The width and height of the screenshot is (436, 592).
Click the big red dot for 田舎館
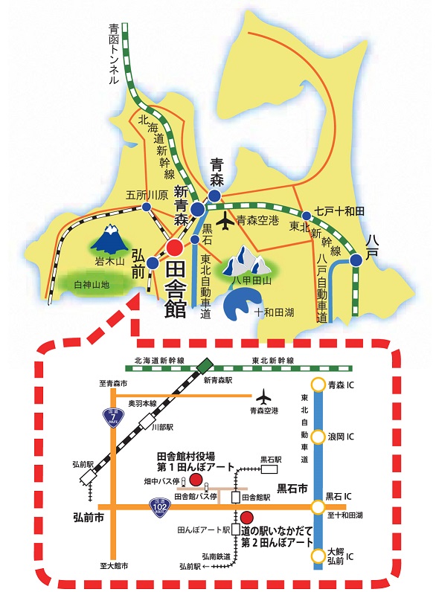[x=175, y=248]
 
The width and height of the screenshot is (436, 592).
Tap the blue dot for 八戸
[x=356, y=260]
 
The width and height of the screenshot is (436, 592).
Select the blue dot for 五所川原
[x=147, y=207]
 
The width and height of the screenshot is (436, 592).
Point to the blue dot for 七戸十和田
[x=307, y=216]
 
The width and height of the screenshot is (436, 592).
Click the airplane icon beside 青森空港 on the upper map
[x=226, y=220]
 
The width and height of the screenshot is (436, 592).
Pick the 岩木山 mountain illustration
[x=109, y=239]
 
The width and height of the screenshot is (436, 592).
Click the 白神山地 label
[x=92, y=285]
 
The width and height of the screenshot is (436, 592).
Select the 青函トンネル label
[x=114, y=54]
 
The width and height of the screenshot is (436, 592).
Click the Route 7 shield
[x=113, y=417]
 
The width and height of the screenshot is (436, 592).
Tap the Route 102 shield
[x=159, y=507]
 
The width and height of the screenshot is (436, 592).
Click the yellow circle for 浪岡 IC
[x=318, y=437]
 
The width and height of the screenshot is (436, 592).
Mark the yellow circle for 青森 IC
[x=318, y=385]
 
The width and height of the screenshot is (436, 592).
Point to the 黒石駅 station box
[x=269, y=469]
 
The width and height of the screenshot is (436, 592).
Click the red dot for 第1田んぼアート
[x=196, y=480]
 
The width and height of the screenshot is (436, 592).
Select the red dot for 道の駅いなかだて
[x=247, y=517]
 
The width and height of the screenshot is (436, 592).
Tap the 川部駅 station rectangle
[x=147, y=422]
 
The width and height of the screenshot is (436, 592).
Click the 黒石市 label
[x=292, y=489]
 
